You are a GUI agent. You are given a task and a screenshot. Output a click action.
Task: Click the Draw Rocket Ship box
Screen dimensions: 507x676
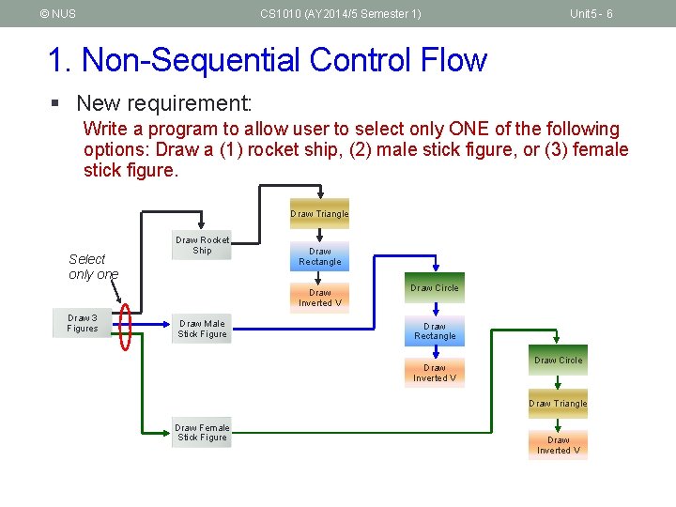[202, 246]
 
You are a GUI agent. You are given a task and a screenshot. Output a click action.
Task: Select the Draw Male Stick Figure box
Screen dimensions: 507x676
[202, 329]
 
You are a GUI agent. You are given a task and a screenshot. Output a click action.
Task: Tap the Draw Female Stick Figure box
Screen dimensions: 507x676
[202, 433]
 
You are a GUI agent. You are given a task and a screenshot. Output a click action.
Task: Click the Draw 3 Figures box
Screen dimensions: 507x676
[83, 323]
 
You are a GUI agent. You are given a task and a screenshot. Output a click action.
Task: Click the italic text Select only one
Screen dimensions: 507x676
[93, 267]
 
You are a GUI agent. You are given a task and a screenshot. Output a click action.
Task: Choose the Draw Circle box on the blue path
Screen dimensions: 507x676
[434, 288]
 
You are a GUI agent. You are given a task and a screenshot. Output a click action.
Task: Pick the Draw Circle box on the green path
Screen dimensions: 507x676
[558, 361]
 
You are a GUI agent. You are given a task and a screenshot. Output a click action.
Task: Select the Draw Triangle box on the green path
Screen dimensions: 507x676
[558, 404]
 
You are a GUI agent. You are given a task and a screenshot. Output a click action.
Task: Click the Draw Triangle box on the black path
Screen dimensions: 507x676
[319, 214]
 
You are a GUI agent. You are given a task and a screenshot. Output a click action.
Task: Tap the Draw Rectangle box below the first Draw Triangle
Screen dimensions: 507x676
[320, 256]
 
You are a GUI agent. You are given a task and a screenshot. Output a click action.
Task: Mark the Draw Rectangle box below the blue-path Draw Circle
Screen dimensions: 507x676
[435, 331]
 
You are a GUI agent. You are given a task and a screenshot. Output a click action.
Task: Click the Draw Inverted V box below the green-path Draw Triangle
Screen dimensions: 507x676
[558, 445]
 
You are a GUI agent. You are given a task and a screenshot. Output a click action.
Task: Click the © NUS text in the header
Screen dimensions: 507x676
[58, 14]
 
